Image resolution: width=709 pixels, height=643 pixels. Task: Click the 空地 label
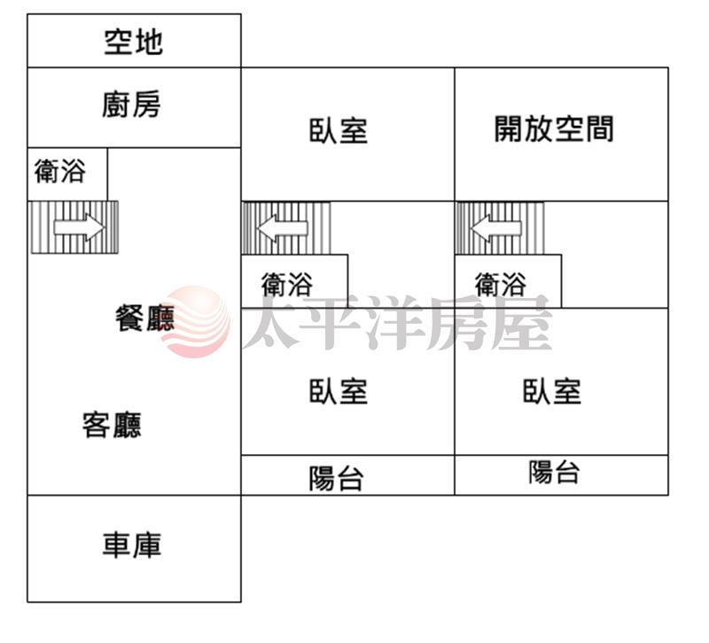134,42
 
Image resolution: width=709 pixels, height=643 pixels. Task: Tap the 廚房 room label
131,105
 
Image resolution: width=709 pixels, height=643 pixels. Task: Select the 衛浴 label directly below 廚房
60,171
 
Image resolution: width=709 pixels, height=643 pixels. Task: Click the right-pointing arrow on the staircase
79,227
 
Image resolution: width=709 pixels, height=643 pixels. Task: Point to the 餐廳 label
145,318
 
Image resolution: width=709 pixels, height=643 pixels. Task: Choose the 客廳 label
112,425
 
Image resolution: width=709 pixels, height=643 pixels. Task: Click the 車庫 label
132,545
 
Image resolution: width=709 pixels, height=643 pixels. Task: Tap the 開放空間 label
554,129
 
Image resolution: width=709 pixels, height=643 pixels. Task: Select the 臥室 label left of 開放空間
339,131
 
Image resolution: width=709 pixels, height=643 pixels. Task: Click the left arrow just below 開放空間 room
496,228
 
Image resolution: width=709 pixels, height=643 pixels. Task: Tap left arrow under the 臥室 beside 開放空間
283,228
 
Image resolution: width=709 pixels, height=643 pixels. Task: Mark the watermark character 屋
522,322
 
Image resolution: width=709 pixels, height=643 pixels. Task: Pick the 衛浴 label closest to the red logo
287,284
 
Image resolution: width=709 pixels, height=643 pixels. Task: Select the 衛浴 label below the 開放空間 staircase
501,284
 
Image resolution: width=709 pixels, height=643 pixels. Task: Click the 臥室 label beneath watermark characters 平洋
339,391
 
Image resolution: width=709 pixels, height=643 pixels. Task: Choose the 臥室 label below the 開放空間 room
552,391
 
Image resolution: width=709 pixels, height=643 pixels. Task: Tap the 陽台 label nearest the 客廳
337,479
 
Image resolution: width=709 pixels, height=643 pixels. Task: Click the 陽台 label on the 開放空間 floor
555,472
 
